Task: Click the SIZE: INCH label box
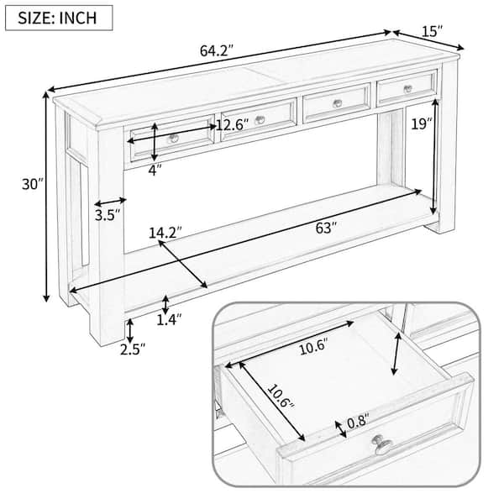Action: coord(59,16)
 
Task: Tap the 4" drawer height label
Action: coord(155,169)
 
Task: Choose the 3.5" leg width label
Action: coord(106,215)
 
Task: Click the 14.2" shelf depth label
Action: coord(165,232)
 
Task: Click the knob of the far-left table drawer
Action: coord(174,138)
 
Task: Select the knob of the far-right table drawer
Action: coord(407,89)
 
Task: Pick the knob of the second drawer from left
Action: coord(260,120)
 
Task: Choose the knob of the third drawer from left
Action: coord(338,103)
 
